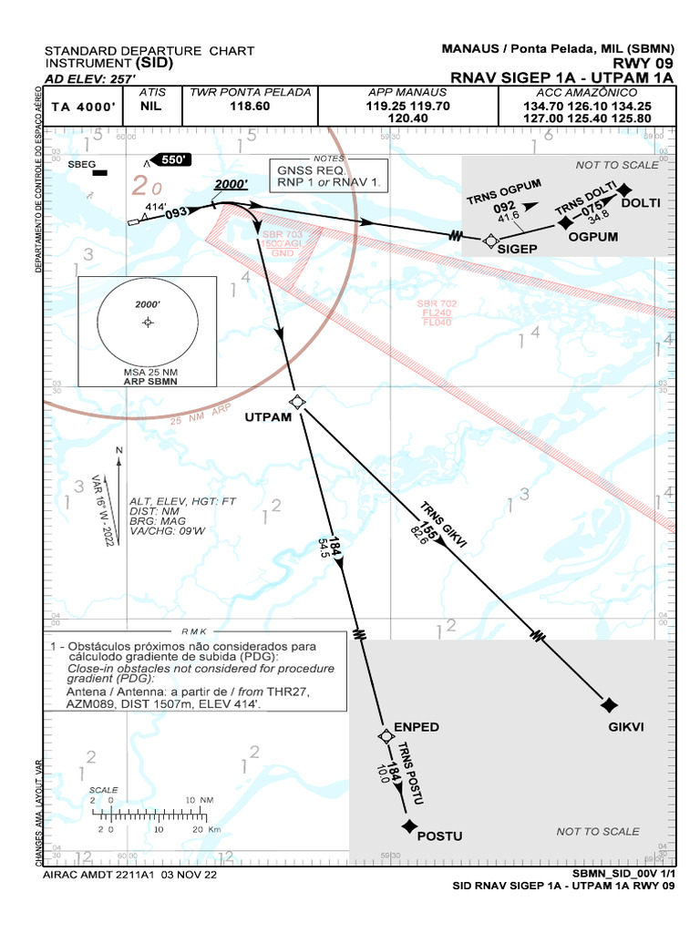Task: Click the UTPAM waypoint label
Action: point(268,417)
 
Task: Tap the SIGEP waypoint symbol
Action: point(490,241)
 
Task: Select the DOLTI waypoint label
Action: point(640,202)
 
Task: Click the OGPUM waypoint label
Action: point(593,237)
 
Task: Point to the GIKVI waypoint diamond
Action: point(610,704)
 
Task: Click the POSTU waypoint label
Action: point(439,836)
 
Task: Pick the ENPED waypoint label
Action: point(417,727)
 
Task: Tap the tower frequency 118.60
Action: point(250,107)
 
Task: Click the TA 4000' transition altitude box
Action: point(84,107)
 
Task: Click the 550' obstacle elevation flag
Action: point(171,159)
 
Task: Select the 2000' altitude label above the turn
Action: point(232,184)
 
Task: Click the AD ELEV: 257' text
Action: point(85,79)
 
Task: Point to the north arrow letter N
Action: point(118,451)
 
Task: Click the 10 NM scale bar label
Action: point(200,800)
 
